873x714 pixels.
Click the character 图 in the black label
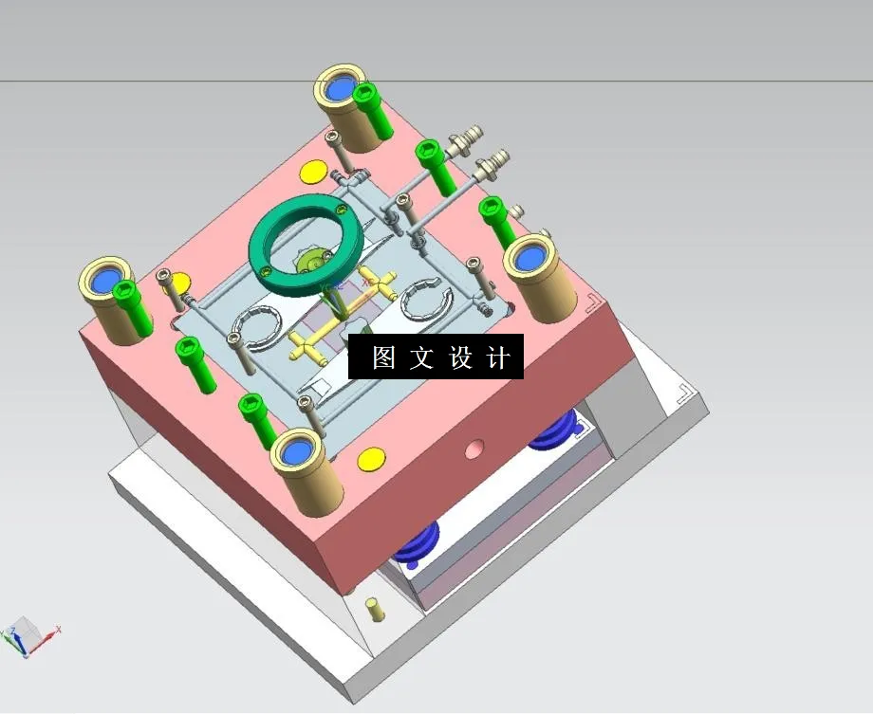383,357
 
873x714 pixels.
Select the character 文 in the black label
421,357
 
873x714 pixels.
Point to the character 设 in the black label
460,357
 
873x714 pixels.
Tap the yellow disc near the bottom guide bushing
370,458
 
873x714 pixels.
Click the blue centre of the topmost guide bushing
340,89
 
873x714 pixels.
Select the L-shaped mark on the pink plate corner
592,302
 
